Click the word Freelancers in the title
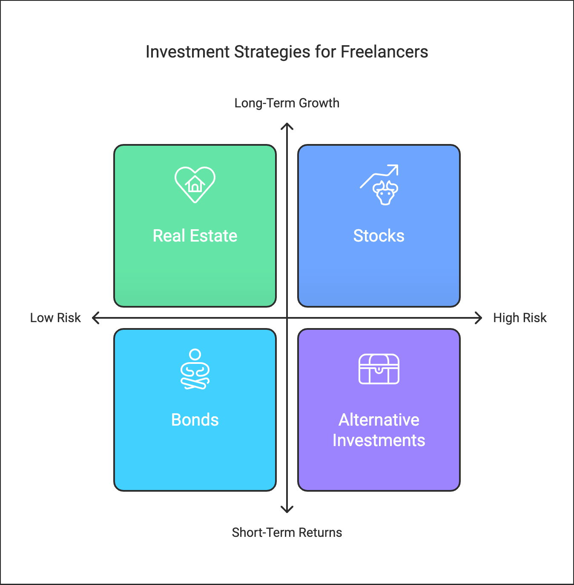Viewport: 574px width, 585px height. (x=384, y=52)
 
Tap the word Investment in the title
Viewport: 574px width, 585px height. (x=188, y=52)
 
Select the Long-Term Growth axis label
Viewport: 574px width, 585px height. (x=287, y=103)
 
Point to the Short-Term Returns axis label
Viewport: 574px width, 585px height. (x=287, y=533)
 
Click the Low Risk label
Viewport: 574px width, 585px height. (x=55, y=318)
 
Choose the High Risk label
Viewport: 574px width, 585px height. (x=519, y=318)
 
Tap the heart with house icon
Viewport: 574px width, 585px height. (x=195, y=184)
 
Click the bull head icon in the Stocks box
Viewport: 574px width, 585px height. (x=385, y=193)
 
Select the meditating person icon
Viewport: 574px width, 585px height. (x=195, y=369)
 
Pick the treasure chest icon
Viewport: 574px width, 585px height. (x=379, y=369)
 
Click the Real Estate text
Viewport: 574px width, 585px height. (x=195, y=236)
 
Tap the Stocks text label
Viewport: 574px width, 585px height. (x=379, y=236)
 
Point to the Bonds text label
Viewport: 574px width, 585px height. (x=195, y=420)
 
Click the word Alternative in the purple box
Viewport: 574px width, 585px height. (x=379, y=420)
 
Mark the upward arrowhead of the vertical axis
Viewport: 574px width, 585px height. (x=287, y=124)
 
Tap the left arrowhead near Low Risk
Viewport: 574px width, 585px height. (x=92, y=318)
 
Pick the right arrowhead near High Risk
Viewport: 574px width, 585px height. (x=482, y=318)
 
